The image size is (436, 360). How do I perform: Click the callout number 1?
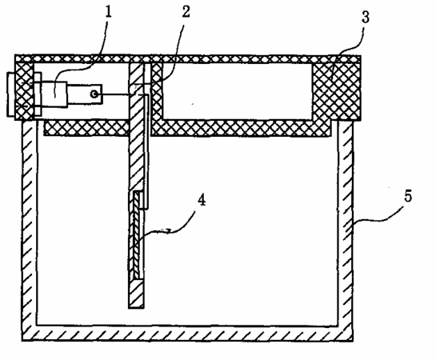[109, 12]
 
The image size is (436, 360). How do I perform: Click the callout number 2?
[186, 12]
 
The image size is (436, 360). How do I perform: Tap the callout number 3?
[366, 17]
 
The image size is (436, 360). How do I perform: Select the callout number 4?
[202, 200]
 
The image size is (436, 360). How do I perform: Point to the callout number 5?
[408, 196]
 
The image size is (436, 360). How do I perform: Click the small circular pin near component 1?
[94, 94]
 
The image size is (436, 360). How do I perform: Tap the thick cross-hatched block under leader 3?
[337, 91]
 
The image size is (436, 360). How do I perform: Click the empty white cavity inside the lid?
[238, 91]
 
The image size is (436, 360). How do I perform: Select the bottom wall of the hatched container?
[187, 333]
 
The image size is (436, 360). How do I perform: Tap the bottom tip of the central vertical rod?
[136, 308]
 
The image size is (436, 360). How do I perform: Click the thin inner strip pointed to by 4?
[137, 236]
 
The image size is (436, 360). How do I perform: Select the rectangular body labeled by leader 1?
[54, 94]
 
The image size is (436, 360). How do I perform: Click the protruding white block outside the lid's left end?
[11, 94]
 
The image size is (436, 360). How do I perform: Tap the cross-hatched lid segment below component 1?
[86, 127]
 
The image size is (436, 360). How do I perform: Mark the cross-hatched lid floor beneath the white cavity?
[241, 128]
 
